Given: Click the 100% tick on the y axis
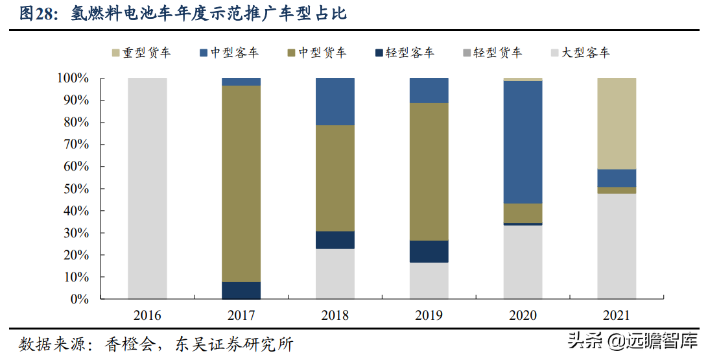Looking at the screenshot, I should [x=73, y=78].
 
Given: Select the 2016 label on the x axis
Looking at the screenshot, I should [x=147, y=316].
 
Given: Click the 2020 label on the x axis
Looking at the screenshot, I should [x=523, y=316].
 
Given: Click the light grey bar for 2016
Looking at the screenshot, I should [x=147, y=188].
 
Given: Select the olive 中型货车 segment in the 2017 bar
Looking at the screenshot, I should [x=241, y=184].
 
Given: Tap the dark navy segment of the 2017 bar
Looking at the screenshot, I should [x=241, y=291].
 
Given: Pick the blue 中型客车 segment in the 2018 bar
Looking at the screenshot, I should [x=335, y=101].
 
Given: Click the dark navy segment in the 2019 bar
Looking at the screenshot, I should [x=429, y=251].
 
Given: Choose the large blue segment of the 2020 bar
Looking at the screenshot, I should [x=523, y=142].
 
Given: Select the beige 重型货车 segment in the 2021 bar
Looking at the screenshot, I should [x=617, y=123].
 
